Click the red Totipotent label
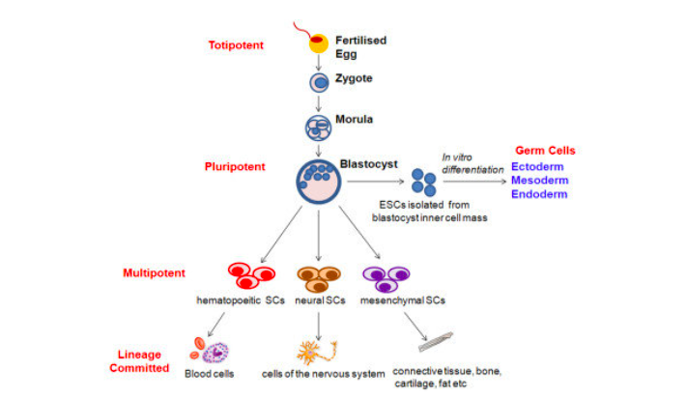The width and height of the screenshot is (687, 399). [237, 44]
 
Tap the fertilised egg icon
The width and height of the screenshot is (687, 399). [318, 42]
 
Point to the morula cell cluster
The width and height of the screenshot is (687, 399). [319, 126]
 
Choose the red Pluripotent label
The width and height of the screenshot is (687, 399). [234, 166]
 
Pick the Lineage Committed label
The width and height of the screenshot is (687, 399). [139, 361]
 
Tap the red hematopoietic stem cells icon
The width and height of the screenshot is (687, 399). [247, 277]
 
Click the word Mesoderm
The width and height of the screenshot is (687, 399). [541, 180]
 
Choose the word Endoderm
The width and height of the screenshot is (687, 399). [540, 194]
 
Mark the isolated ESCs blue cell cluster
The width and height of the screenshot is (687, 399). [423, 181]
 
